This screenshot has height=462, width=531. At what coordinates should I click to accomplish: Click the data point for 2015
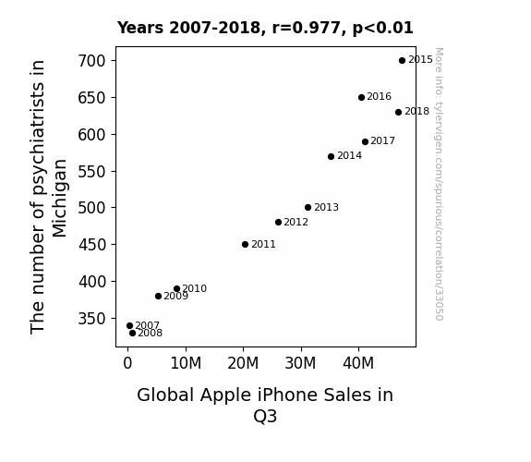pos(402,61)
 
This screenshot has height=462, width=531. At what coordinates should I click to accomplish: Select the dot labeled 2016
pos(361,98)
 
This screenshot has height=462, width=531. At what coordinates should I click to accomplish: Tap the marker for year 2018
pos(398,112)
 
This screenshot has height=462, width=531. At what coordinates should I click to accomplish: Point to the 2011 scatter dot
pos(245,244)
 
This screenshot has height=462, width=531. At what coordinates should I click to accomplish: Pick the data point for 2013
pos(308,208)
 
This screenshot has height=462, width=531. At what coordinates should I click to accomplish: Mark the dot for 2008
pos(132,334)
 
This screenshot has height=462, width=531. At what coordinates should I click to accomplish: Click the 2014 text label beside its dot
pos(349,155)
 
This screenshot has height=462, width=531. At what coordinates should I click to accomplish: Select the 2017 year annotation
pos(382,140)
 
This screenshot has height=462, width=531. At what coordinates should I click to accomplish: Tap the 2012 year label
pos(296,222)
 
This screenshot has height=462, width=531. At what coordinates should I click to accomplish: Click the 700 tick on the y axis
pos(91,61)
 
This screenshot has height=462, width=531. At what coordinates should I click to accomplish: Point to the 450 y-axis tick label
pos(91,244)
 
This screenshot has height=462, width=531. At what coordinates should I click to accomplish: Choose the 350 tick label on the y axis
pos(91,319)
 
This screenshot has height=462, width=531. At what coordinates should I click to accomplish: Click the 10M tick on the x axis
pos(186,363)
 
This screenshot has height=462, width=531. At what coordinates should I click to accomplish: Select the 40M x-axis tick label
pos(358,363)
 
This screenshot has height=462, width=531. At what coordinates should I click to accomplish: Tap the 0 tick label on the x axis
pos(127,363)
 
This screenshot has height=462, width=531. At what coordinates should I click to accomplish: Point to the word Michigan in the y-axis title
pos(60,199)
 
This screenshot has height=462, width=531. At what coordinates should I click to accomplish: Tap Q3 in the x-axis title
pos(265,416)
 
